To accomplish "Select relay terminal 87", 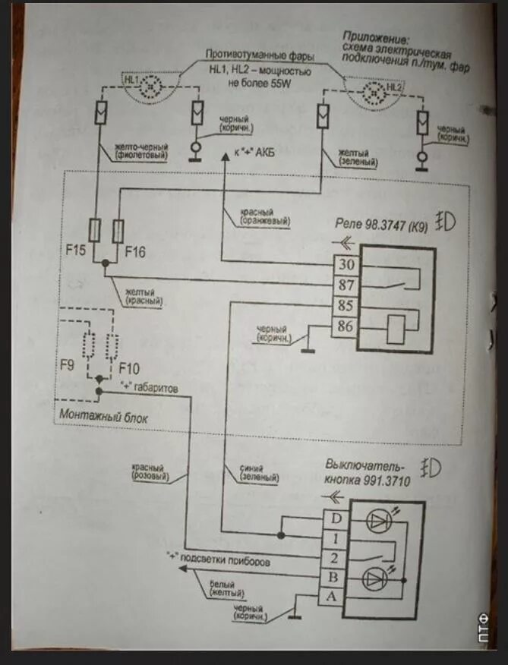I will (345, 285).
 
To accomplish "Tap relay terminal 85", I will (345, 307).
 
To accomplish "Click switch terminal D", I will (335, 519).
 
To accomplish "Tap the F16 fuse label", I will (135, 248).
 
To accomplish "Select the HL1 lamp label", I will (131, 79).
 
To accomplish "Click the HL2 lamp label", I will (393, 89).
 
